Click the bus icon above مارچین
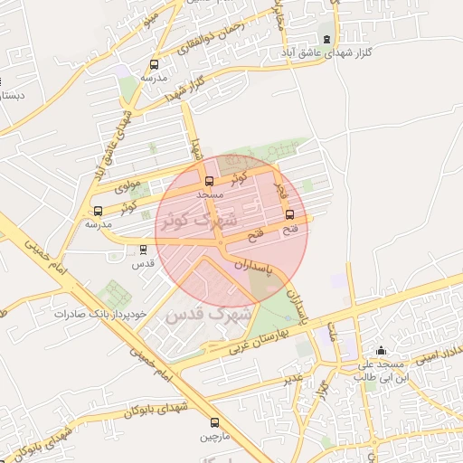(x=214, y=422)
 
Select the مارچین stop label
(x=214, y=437)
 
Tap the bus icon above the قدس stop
(x=144, y=250)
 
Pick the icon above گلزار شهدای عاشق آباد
(x=326, y=39)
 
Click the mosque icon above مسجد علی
(x=381, y=351)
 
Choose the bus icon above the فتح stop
(x=289, y=215)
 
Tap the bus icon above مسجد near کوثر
(x=210, y=181)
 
